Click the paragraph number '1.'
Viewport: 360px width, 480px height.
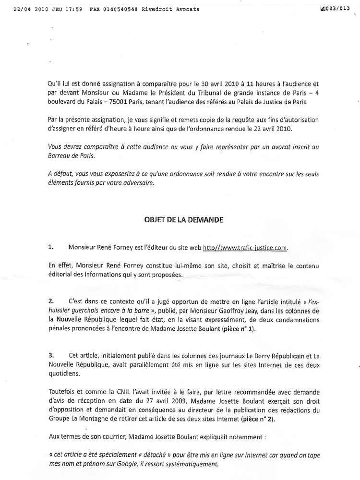point(51,248)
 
